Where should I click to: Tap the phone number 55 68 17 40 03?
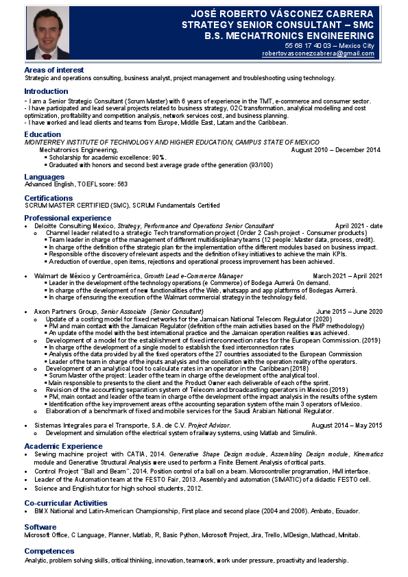point(299,45)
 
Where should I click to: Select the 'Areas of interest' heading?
point(54,70)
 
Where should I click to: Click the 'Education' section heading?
point(43,134)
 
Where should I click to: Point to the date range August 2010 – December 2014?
point(335,149)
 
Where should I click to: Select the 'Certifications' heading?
point(49,197)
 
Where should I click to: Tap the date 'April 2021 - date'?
point(359,225)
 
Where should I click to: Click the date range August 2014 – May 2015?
point(346,426)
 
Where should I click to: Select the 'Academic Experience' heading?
point(63,445)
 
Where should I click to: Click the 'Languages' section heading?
point(45,177)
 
